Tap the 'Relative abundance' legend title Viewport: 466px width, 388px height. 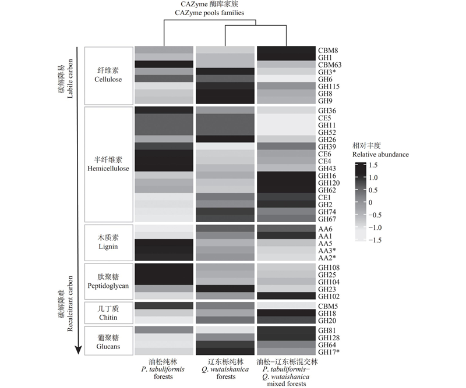(x=380, y=155)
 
